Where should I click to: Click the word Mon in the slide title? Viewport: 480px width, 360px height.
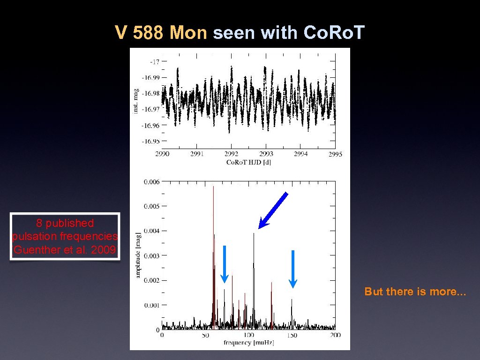188,33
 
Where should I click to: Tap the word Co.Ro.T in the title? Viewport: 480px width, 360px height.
334,33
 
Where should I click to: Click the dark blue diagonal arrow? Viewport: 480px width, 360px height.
273,210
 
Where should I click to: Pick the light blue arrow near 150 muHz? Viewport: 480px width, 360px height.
292,269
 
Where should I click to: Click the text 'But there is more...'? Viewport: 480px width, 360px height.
415,292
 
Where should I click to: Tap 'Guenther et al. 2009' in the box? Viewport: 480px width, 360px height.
65,250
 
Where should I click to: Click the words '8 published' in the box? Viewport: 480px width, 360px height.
65,223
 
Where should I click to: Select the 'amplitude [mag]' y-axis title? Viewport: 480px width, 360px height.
138,255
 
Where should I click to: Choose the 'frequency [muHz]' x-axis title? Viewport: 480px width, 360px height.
248,343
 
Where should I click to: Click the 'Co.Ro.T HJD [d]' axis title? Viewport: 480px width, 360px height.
248,162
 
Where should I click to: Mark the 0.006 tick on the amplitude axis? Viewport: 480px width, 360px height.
151,181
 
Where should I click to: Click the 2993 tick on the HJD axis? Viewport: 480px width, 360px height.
266,154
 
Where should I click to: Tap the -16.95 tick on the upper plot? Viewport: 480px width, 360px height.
151,141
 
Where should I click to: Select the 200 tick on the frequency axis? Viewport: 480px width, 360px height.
335,335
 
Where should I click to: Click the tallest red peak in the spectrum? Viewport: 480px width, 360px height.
213,187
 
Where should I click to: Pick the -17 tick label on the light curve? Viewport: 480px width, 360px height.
154,61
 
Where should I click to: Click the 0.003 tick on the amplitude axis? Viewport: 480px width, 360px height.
151,255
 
